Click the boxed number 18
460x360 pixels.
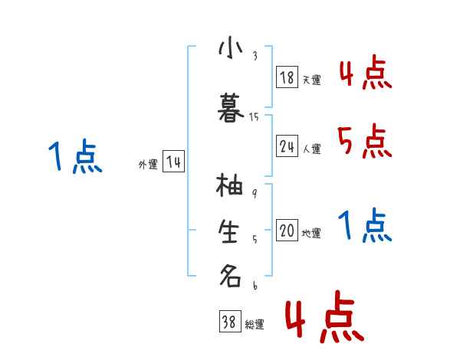tap(287, 77)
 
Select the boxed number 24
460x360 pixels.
tap(287, 146)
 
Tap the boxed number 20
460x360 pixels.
tap(287, 231)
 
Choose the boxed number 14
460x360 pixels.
tap(173, 162)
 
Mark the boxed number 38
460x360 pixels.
tap(228, 322)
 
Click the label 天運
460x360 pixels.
tap(311, 80)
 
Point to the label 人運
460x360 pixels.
tap(311, 149)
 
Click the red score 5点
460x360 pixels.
tap(364, 140)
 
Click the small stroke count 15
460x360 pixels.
tap(255, 116)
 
